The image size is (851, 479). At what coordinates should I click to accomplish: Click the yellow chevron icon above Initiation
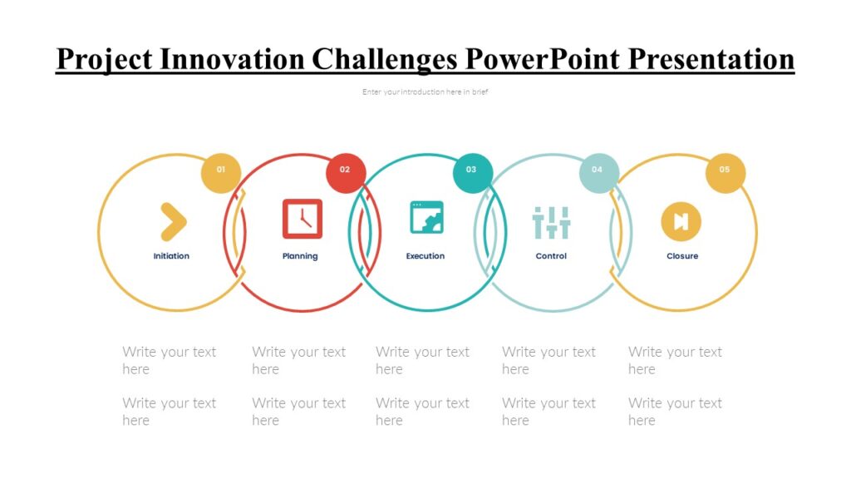[172, 221]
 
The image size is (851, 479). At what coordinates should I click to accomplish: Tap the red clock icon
[302, 219]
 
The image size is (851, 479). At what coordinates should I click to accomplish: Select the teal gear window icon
[426, 217]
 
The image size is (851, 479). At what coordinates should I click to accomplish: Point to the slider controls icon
[551, 222]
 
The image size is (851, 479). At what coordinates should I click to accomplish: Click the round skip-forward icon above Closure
[681, 221]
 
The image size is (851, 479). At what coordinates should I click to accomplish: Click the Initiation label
[171, 256]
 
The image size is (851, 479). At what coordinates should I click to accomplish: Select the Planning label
[300, 256]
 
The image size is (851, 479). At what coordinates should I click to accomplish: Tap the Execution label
[425, 256]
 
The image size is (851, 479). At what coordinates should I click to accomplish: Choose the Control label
[551, 256]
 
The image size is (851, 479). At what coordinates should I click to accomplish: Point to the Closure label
[682, 256]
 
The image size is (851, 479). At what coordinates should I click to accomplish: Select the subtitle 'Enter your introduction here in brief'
[425, 92]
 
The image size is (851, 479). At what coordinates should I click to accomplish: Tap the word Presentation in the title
[711, 59]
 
